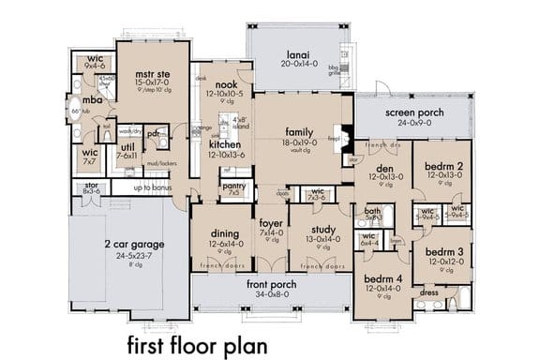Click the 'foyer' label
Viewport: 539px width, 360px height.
(x=270, y=222)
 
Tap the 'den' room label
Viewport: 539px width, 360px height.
(x=384, y=166)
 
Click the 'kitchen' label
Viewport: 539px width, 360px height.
(x=226, y=145)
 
